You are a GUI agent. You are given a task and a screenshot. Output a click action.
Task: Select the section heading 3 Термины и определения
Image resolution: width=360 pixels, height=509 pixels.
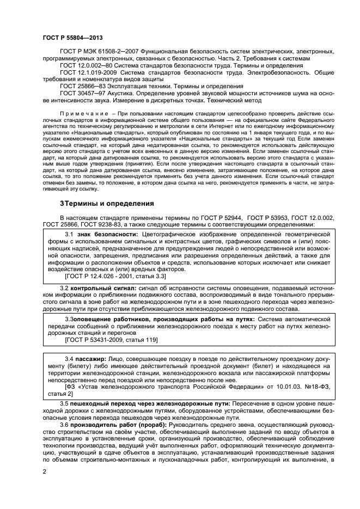(x=106, y=204)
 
